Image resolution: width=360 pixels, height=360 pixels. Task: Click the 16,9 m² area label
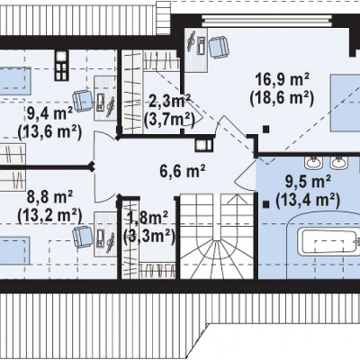[283, 80]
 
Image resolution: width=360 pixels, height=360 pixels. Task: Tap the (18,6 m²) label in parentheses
[282, 98]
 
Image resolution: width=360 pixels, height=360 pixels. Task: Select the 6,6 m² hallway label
[183, 172]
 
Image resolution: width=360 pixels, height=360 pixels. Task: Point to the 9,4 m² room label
[49, 113]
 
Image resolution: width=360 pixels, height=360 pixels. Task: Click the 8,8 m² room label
[49, 197]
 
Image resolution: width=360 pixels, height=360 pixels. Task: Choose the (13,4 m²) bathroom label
[308, 200]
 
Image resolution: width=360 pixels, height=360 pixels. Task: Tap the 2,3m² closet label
[170, 102]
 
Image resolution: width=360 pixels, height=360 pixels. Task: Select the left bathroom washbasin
[313, 163]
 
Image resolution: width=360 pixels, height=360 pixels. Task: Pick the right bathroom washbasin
[339, 163]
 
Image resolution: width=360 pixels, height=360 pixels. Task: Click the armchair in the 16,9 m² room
[219, 47]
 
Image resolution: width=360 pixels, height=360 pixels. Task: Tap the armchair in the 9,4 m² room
[83, 101]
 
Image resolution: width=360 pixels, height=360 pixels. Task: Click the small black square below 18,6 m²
[265, 130]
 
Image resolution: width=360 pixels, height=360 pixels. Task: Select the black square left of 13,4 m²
[265, 204]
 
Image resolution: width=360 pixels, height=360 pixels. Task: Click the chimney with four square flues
[61, 65]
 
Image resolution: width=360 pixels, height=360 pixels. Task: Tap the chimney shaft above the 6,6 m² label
[204, 146]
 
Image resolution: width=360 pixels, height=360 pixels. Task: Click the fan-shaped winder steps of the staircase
[217, 257]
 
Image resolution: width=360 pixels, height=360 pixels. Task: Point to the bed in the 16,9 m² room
[345, 103]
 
